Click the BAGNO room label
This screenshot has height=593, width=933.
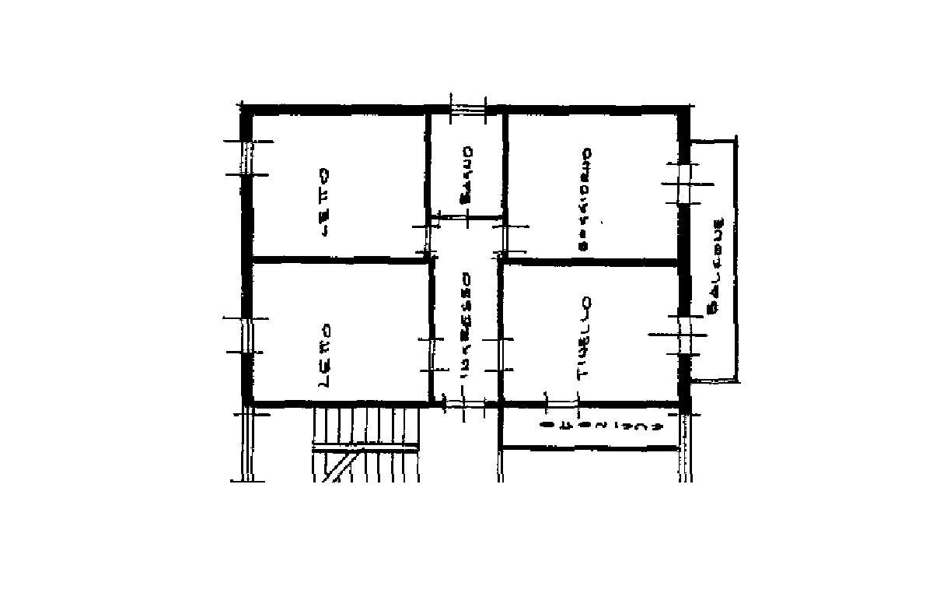click(466, 175)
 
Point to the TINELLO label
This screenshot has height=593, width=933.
click(585, 339)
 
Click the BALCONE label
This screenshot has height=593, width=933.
click(718, 265)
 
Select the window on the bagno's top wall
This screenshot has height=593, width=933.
click(468, 107)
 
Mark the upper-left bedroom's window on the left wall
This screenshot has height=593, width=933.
click(246, 158)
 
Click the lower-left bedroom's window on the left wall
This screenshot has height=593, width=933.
click(246, 335)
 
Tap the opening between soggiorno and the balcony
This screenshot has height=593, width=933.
click(686, 184)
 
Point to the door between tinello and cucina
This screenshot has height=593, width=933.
click(562, 403)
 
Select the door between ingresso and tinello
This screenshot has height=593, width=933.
click(500, 354)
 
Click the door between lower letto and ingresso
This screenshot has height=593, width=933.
click(432, 354)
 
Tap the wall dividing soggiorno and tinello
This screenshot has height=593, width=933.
click(591, 262)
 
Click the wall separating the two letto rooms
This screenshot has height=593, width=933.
click(338, 260)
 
